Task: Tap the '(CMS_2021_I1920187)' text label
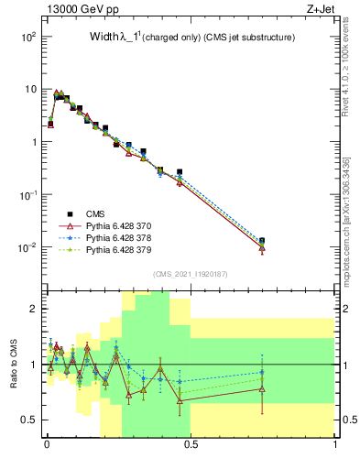point(189,273)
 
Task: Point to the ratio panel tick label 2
point(33,309)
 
